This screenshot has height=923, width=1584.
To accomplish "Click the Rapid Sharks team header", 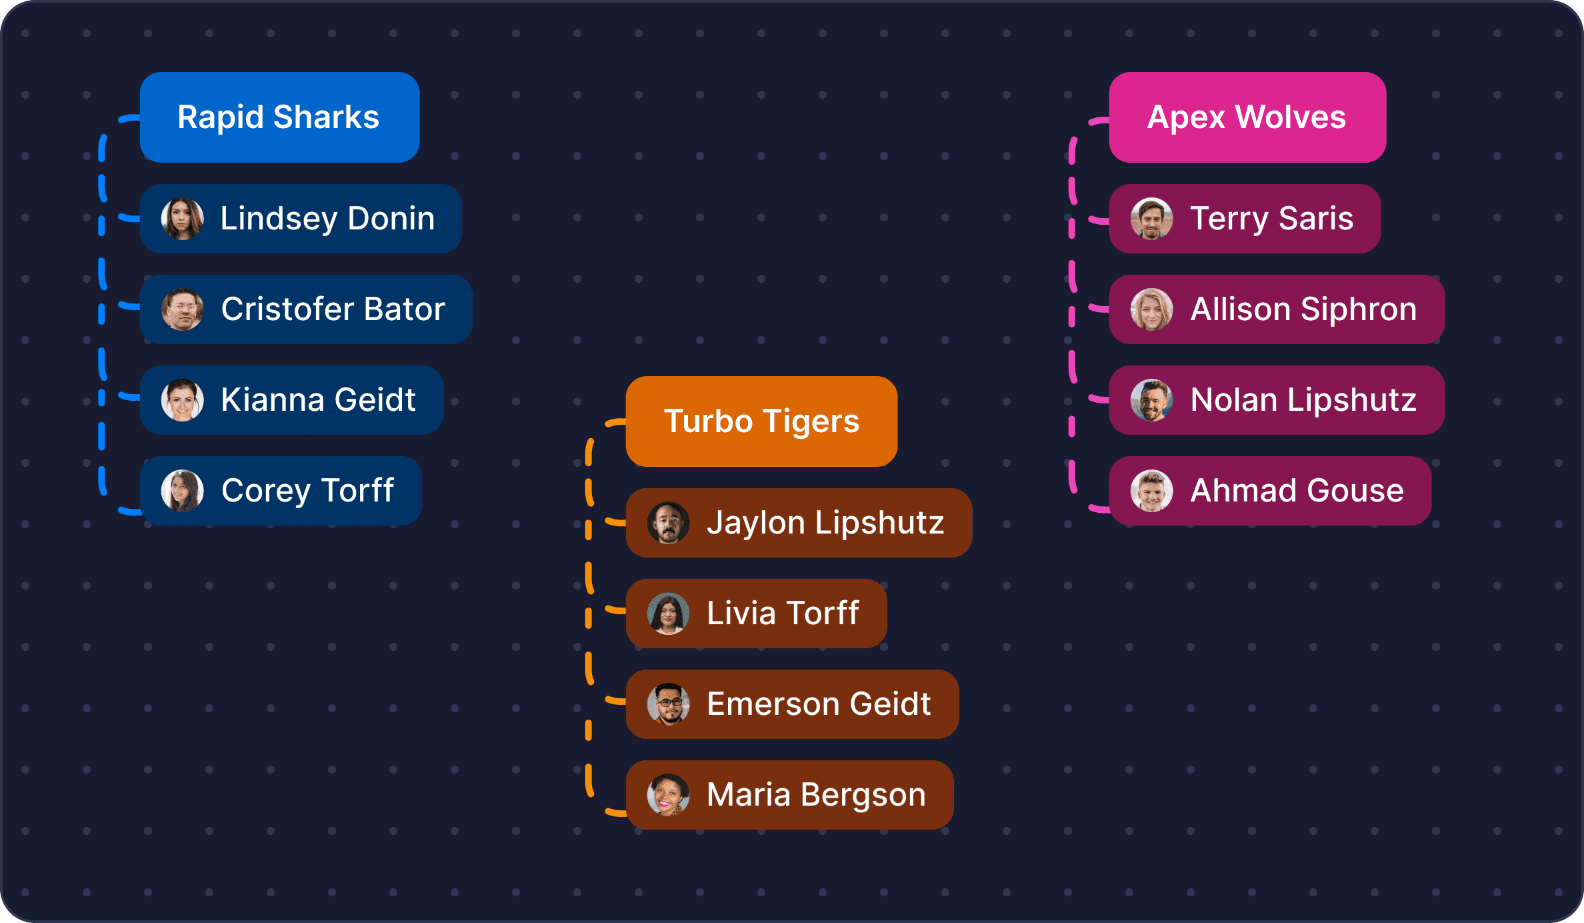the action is [x=279, y=117].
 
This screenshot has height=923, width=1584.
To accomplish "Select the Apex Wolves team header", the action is [x=1247, y=117].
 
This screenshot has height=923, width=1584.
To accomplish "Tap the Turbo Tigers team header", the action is [x=761, y=421].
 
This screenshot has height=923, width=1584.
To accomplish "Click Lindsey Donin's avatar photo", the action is [x=182, y=219].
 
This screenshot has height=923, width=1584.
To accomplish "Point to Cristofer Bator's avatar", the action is [x=182, y=309].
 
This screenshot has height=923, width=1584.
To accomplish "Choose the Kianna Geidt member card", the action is [x=291, y=400].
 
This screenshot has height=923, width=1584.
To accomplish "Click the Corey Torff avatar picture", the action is [x=182, y=491].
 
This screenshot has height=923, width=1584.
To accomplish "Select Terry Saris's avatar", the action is [x=1151, y=219].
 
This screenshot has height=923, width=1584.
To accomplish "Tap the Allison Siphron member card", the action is [x=1277, y=309].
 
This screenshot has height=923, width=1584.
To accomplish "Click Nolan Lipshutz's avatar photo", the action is [x=1151, y=400].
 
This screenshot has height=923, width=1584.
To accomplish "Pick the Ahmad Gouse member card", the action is [x=1270, y=491].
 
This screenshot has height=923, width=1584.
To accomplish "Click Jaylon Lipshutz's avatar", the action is [x=668, y=523].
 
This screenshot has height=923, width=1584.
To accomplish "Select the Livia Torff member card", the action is [x=756, y=614].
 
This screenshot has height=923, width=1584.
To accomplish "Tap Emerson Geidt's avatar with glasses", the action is [x=668, y=704].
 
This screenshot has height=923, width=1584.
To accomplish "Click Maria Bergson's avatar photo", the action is [x=668, y=795].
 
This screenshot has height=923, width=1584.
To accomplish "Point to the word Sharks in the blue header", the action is [x=326, y=117].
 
